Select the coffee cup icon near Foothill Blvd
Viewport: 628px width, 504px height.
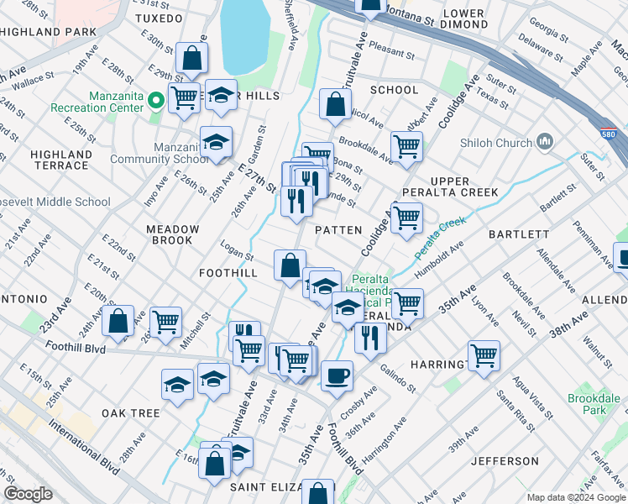tap(337, 376)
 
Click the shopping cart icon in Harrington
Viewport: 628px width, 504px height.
tap(484, 355)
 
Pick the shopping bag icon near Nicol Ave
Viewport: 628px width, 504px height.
tap(335, 105)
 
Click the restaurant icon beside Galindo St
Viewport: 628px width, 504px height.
tap(370, 338)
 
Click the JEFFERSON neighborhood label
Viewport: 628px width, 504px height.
tap(505, 461)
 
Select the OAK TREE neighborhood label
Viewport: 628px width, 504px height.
tap(130, 413)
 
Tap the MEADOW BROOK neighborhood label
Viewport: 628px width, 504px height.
tap(172, 234)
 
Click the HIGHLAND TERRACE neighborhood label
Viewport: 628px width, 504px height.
tap(60, 160)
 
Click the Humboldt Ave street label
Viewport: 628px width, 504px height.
tap(441, 250)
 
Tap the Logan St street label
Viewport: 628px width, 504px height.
tap(237, 255)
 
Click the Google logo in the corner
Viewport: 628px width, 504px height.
tap(27, 494)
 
